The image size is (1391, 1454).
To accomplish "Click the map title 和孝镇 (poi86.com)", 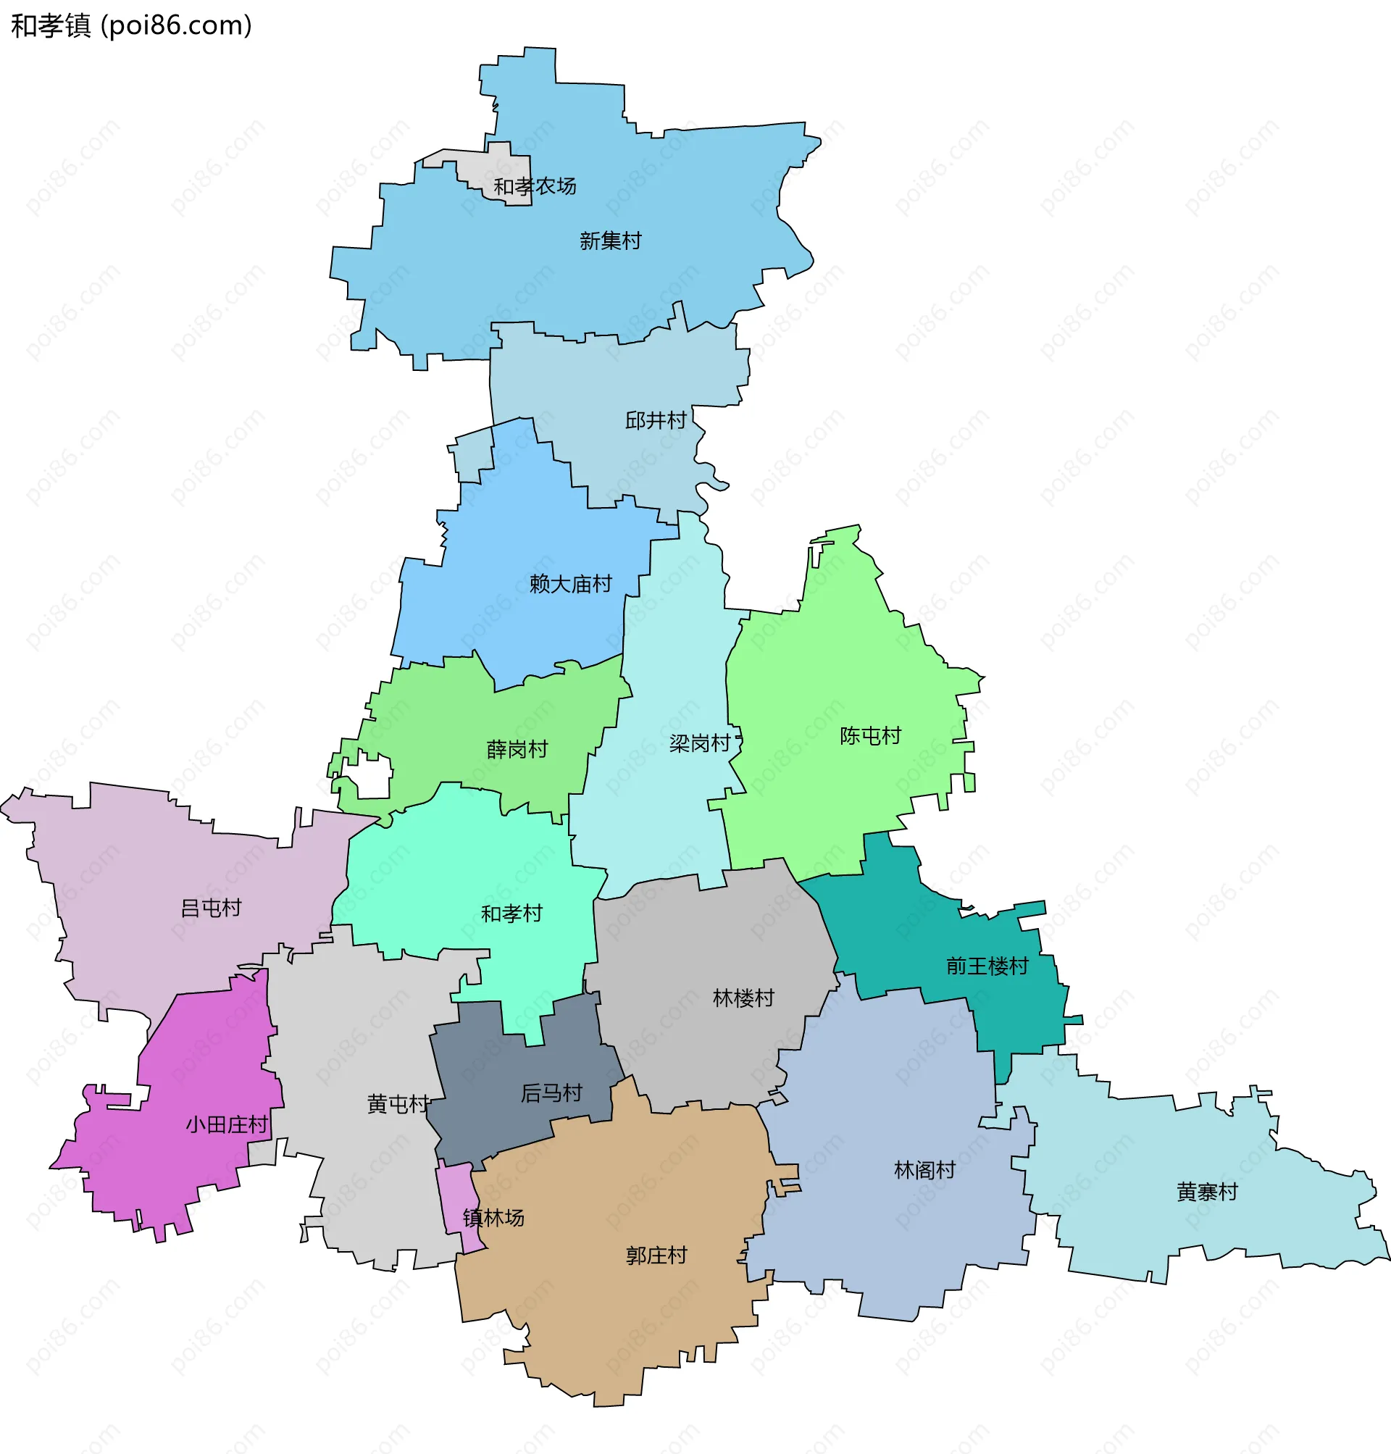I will pyautogui.click(x=131, y=25).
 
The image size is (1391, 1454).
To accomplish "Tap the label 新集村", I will pyautogui.click(x=610, y=241).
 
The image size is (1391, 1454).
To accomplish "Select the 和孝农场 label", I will pyautogui.click(x=535, y=186).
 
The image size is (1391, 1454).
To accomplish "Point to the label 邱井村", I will pyautogui.click(x=656, y=420).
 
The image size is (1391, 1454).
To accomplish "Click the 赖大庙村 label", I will pyautogui.click(x=570, y=584).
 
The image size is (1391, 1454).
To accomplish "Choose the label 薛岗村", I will pyautogui.click(x=517, y=750).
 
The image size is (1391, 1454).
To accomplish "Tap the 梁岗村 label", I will pyautogui.click(x=699, y=743).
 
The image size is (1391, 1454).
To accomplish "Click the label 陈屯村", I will pyautogui.click(x=870, y=735).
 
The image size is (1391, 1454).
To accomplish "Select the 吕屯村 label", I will pyautogui.click(x=211, y=908).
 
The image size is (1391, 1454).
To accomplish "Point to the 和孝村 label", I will pyautogui.click(x=511, y=914).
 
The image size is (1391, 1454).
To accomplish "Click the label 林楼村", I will pyautogui.click(x=743, y=998).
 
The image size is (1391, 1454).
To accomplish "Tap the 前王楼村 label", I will pyautogui.click(x=987, y=966).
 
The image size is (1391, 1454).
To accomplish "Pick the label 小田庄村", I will pyautogui.click(x=226, y=1125).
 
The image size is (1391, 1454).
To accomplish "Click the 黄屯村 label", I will pyautogui.click(x=398, y=1105).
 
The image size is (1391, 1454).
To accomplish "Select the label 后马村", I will pyautogui.click(x=551, y=1093).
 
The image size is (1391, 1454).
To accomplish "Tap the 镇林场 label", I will pyautogui.click(x=493, y=1218).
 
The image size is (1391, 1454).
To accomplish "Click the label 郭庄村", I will pyautogui.click(x=656, y=1255).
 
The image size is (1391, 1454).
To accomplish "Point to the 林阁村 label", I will pyautogui.click(x=924, y=1170).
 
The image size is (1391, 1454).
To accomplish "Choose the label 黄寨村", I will pyautogui.click(x=1206, y=1192).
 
